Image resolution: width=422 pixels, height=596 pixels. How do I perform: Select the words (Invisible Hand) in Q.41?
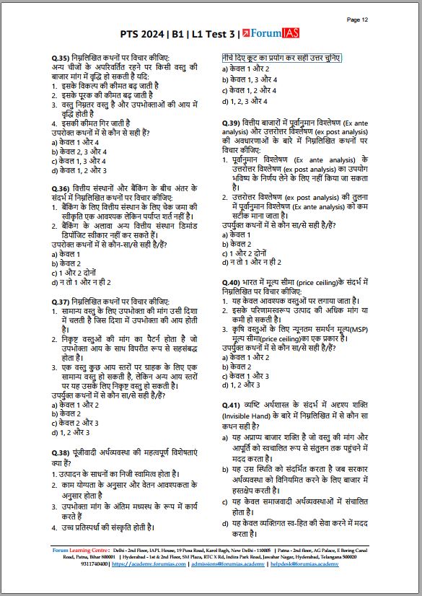248,416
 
